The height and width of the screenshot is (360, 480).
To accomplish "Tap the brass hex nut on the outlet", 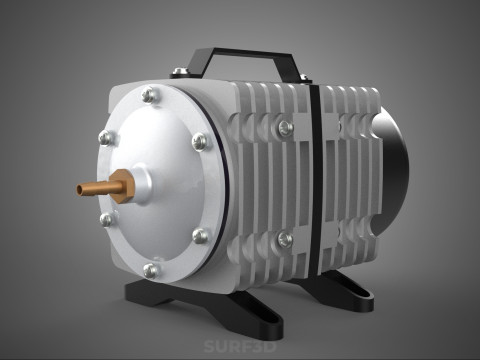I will [x=122, y=185].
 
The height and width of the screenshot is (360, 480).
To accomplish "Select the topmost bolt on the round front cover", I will [x=150, y=96].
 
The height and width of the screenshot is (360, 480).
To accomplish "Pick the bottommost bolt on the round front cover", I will [x=151, y=270].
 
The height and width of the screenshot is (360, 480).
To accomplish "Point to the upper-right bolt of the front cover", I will [x=199, y=141].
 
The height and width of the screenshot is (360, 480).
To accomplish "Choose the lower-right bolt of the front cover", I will [x=200, y=236].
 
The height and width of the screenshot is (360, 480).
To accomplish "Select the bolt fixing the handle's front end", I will [x=180, y=72].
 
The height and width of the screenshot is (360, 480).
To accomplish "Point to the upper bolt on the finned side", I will [x=285, y=127].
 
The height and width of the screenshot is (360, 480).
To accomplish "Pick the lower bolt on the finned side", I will [x=284, y=239].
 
